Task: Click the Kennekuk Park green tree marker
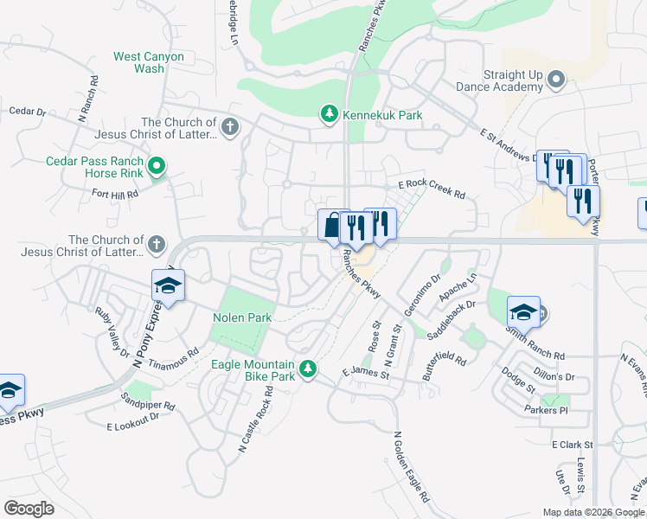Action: [x=329, y=113]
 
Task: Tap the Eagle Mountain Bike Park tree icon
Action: [x=307, y=370]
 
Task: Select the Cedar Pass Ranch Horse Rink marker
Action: [x=157, y=165]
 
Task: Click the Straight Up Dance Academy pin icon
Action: [x=556, y=82]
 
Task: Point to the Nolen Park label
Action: [x=242, y=317]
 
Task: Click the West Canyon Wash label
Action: [x=149, y=62]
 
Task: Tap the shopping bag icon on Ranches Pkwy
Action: [x=331, y=226]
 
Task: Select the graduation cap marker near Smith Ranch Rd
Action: [x=523, y=311]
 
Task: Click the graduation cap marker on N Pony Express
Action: [x=169, y=285]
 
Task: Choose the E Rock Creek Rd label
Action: [x=432, y=189]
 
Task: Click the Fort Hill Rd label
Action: [x=115, y=195]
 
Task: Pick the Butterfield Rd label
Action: [x=445, y=345]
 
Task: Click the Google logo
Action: [x=29, y=509]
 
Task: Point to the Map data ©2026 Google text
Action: [x=593, y=512]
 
